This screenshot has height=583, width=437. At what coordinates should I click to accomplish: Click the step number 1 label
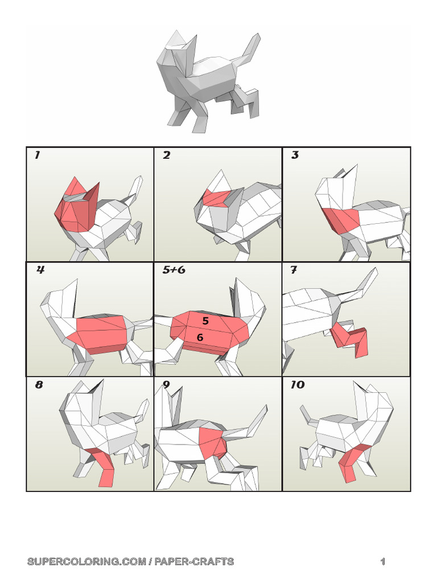(x=37, y=155)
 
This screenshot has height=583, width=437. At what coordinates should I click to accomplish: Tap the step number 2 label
(x=166, y=155)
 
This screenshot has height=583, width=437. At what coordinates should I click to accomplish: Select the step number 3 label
(x=295, y=155)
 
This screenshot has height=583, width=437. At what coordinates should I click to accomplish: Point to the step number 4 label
(x=40, y=270)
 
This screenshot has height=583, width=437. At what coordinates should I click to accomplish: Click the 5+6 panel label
(x=174, y=270)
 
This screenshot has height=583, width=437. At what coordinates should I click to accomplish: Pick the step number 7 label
(x=294, y=270)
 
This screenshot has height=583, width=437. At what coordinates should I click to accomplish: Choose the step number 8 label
(x=39, y=385)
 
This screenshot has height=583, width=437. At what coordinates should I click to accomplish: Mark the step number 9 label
(x=166, y=385)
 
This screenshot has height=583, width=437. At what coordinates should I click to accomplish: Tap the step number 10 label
(x=297, y=385)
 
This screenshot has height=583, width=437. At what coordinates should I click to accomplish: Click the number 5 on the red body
(x=205, y=321)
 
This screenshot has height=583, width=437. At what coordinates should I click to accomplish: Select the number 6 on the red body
(x=200, y=338)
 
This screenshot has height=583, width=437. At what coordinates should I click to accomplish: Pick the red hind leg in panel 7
(x=353, y=339)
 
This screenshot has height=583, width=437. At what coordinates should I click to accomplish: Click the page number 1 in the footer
(x=383, y=562)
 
